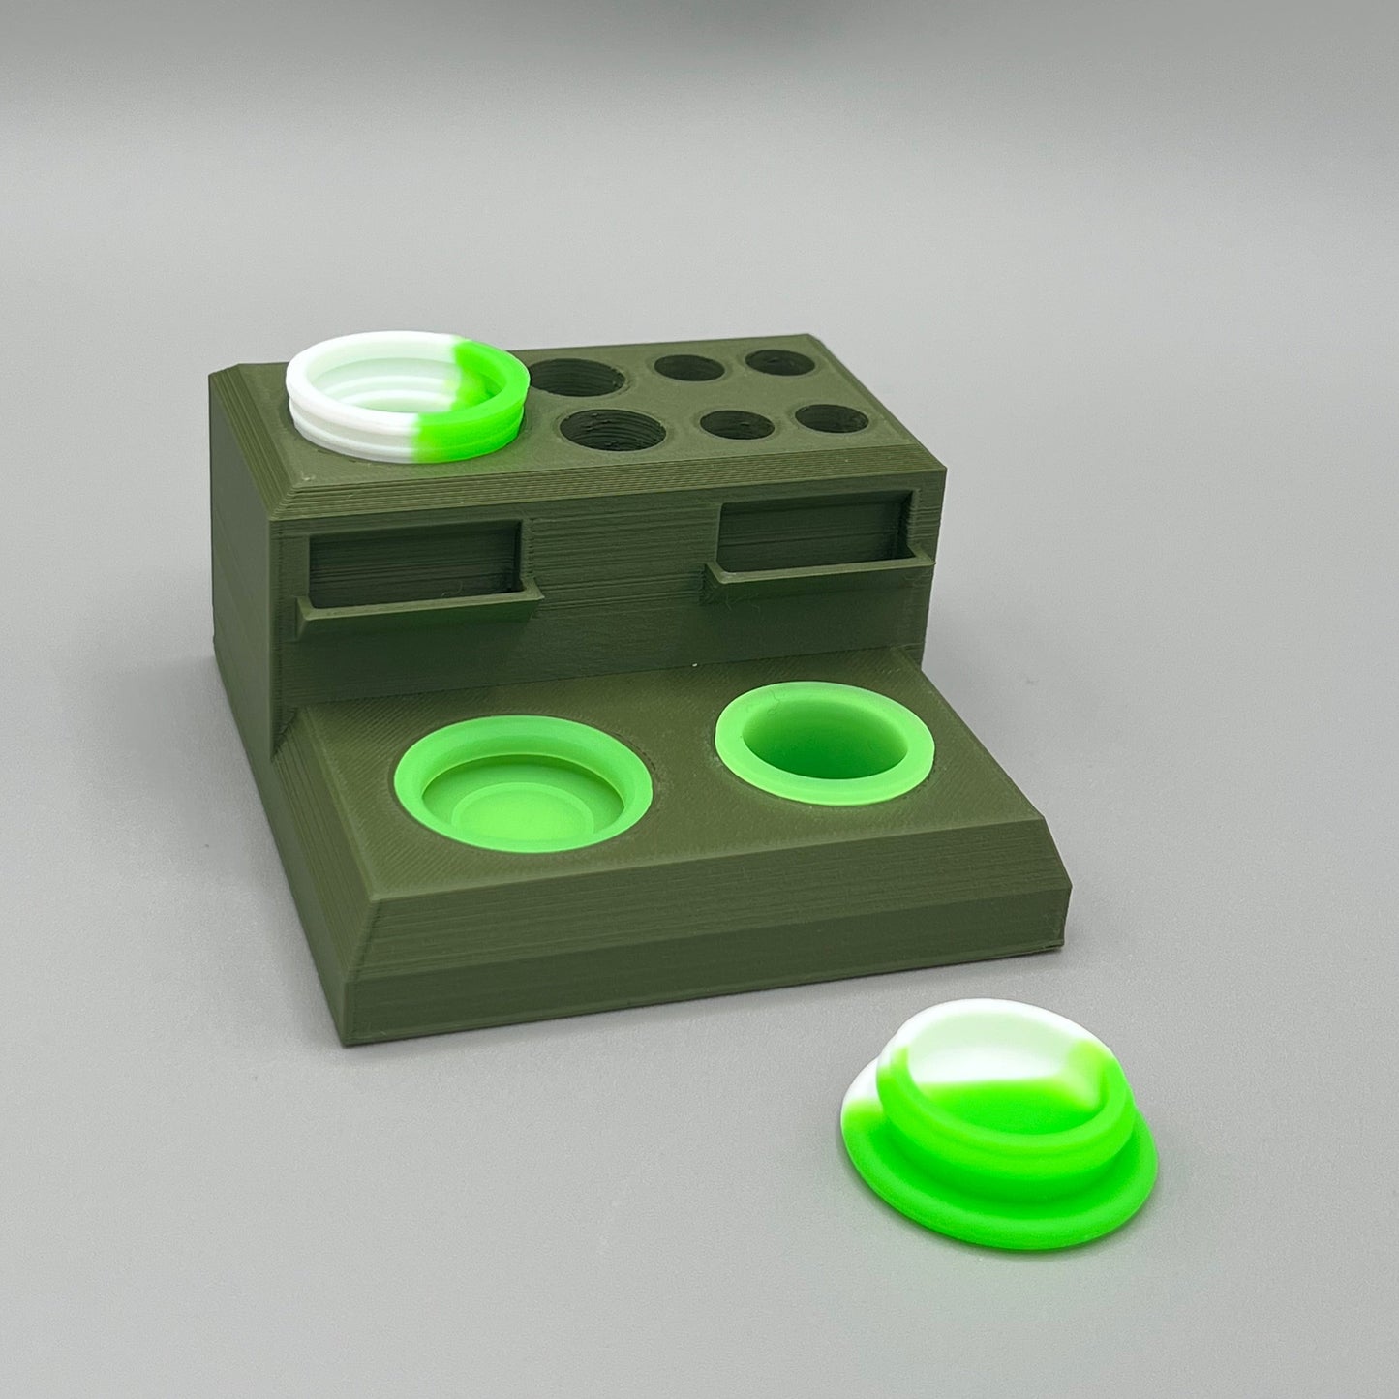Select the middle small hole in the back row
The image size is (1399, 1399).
[685, 368]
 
